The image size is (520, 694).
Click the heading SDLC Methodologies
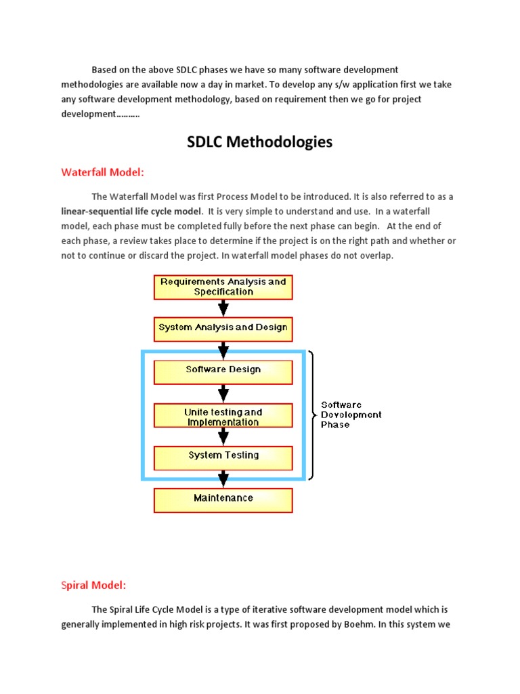coord(260,142)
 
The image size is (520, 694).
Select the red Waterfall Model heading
coord(103,172)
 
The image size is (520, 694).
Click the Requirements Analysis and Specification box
coord(223,287)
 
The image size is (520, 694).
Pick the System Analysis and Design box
coord(223,327)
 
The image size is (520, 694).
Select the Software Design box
coord(223,370)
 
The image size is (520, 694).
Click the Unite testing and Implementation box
coord(223,417)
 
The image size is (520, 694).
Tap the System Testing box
coord(223,455)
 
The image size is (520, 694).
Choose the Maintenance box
coord(223,498)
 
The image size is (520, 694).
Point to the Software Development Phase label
coord(351,415)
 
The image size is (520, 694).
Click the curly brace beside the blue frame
coord(311,415)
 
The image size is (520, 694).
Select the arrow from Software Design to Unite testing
coord(223,394)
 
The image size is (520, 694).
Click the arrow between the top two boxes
coord(223,308)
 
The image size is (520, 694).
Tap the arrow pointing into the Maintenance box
coord(223,480)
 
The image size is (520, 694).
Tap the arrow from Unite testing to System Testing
coord(223,436)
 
